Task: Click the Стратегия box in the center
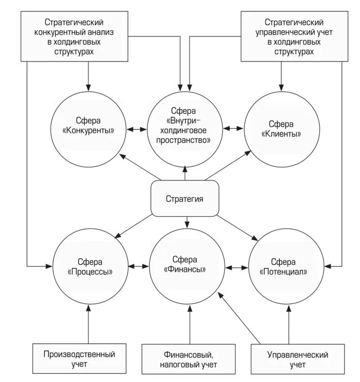(185, 198)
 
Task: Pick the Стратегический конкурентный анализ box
(74, 36)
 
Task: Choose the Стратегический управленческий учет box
(290, 36)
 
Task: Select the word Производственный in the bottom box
(79, 354)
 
